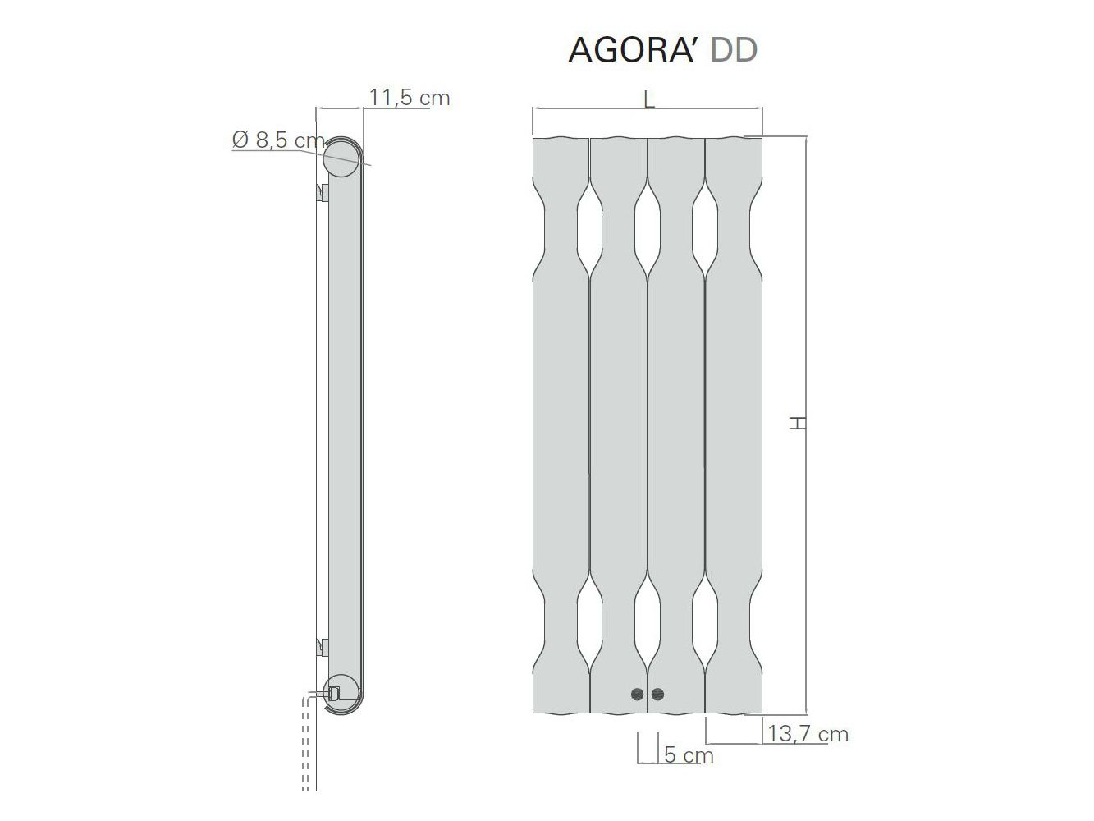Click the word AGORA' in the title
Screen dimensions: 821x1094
point(634,50)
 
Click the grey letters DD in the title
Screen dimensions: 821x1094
point(734,50)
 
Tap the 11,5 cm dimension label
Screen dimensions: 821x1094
point(409,98)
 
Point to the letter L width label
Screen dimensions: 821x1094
point(648,100)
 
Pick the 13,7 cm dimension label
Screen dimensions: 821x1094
point(808,733)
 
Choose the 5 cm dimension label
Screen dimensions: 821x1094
point(688,754)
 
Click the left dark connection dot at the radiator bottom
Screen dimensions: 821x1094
point(638,695)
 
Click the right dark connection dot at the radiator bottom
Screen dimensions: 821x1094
point(657,695)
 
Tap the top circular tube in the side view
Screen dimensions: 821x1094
point(341,158)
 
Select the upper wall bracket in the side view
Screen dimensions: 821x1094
point(323,193)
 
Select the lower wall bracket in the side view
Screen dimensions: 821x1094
point(323,646)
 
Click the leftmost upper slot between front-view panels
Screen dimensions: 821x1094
point(589,229)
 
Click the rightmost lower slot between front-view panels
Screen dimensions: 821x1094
point(705,628)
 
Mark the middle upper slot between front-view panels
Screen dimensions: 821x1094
point(648,229)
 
